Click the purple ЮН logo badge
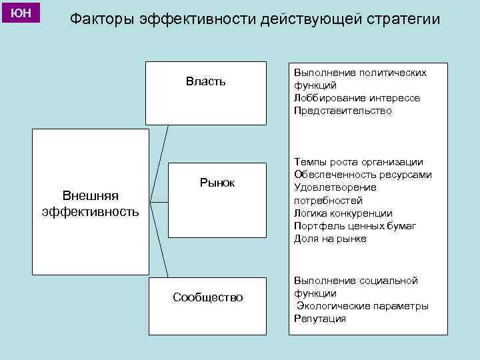click(x=21, y=12)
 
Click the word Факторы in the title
click(x=102, y=19)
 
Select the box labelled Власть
click(x=205, y=93)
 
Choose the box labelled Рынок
click(x=217, y=200)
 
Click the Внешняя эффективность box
click(x=91, y=203)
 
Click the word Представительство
click(x=343, y=111)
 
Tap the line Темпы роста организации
click(x=358, y=162)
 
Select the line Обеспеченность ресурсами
click(x=363, y=175)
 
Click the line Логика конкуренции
click(x=342, y=213)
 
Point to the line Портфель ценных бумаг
click(x=355, y=226)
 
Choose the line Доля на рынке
click(x=330, y=239)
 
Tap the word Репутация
click(x=320, y=319)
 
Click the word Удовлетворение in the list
click(x=335, y=187)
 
